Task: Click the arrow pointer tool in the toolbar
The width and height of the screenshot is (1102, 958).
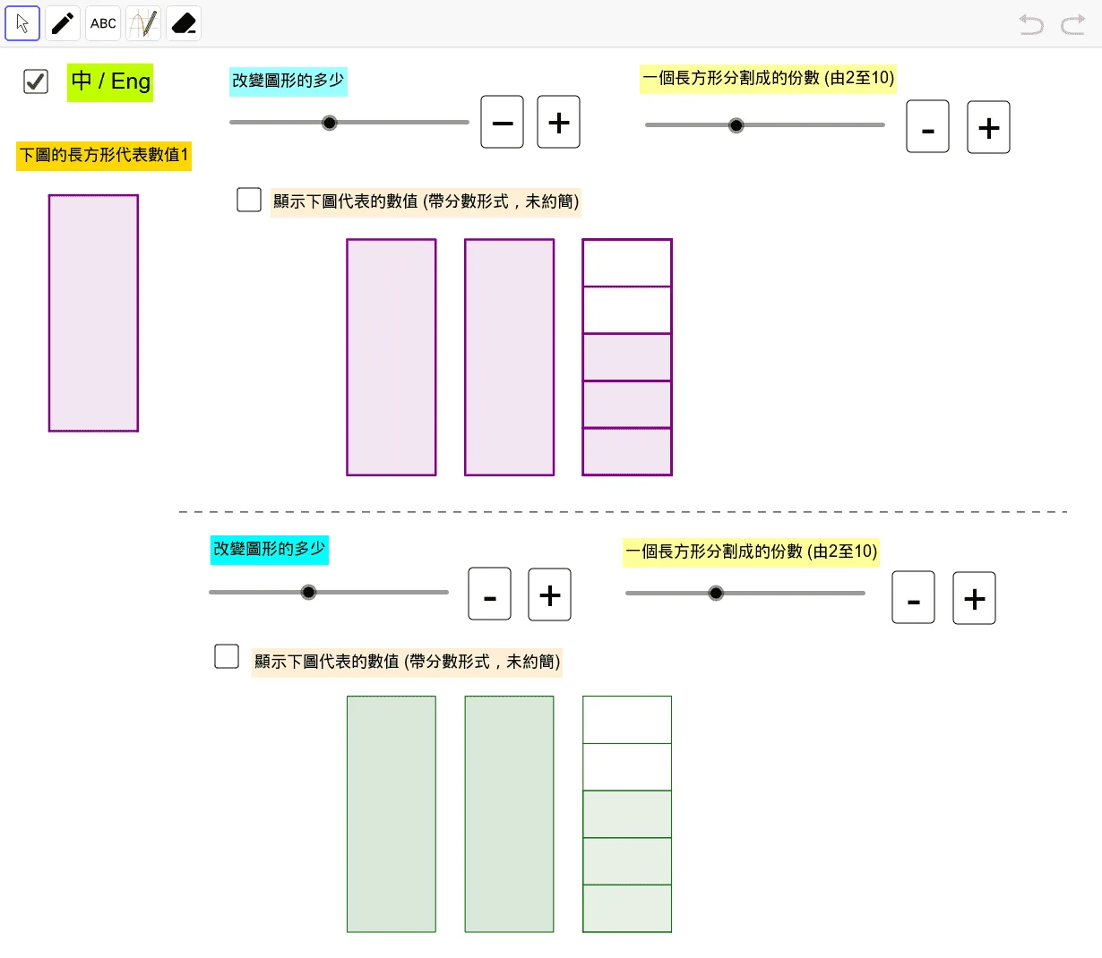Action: (22, 23)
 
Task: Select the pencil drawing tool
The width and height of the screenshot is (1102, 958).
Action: (63, 23)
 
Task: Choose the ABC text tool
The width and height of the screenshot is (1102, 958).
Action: (103, 23)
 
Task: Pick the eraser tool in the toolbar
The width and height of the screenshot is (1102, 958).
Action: (184, 23)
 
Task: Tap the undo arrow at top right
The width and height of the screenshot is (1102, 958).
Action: (1031, 25)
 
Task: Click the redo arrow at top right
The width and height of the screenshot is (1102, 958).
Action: (1073, 25)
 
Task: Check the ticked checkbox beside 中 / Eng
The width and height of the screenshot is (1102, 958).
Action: (36, 81)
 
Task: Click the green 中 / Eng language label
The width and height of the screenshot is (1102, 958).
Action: (110, 82)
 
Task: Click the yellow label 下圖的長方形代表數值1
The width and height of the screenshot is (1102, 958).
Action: (104, 156)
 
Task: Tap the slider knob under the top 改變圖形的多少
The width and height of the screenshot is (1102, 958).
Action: (329, 123)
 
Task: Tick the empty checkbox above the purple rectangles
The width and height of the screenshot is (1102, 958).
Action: (249, 200)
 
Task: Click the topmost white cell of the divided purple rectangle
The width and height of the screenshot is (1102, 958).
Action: (627, 263)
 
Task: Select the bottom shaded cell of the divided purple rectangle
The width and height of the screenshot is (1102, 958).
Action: (627, 451)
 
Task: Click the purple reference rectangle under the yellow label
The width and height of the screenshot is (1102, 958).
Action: (93, 313)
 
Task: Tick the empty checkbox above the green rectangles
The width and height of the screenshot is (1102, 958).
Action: (226, 656)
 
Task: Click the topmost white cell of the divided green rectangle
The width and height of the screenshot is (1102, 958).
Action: (627, 720)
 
